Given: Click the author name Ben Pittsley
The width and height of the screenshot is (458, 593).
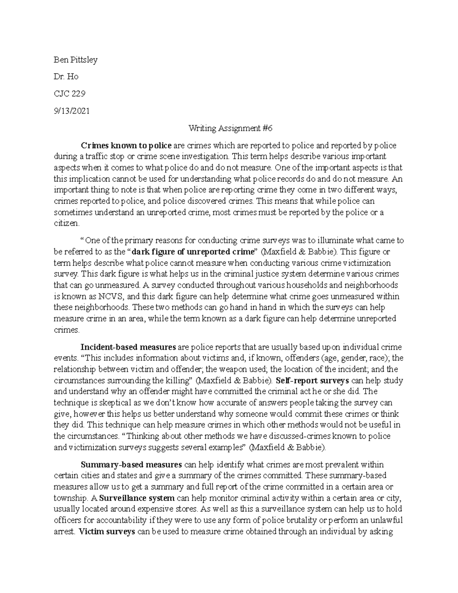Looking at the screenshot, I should coord(76,60).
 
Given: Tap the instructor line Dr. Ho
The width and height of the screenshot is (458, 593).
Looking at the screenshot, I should coord(66,77).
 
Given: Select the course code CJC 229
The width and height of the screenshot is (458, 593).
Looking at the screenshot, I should coord(69,94).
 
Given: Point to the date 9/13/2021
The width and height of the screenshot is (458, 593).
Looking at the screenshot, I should coord(71,111).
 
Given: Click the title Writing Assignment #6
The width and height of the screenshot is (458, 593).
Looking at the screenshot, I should coord(231,128).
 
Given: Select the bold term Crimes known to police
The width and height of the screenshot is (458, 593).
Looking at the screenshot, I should coord(126,145).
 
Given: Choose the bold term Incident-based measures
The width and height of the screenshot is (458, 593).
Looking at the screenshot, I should coord(128,347).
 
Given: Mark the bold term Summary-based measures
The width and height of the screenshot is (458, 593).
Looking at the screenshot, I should coord(131,465).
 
